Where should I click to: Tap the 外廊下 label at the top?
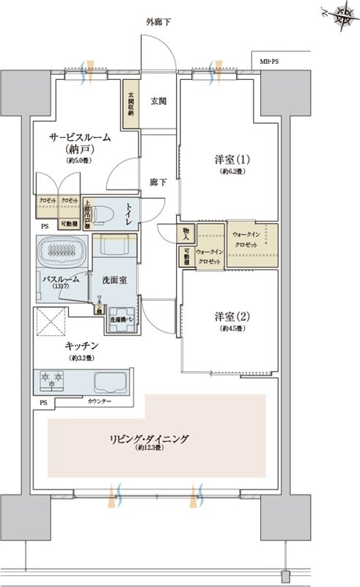tap(158, 23)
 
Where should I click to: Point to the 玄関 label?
tap(158, 101)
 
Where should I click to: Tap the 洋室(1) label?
tap(227, 161)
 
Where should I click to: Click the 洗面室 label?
tap(108, 280)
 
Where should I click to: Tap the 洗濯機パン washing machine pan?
tap(120, 320)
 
